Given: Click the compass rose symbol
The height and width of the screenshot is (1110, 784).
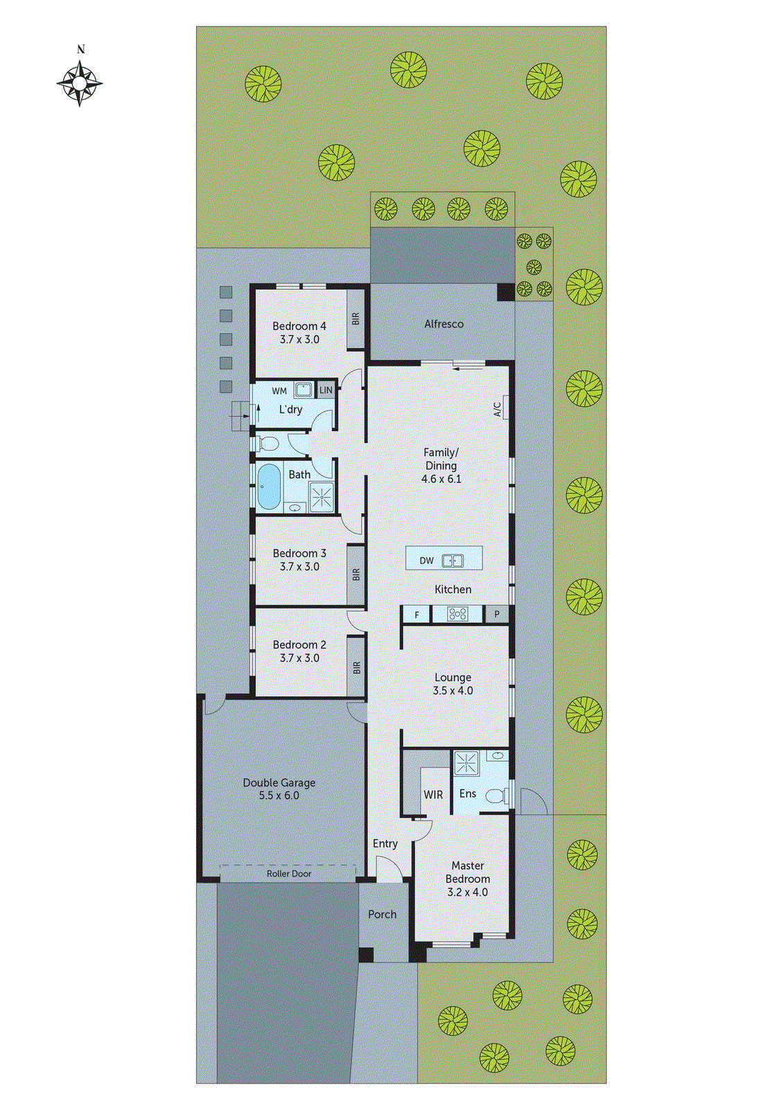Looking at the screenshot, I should click(x=80, y=83).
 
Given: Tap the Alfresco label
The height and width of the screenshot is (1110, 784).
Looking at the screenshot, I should click(x=444, y=324).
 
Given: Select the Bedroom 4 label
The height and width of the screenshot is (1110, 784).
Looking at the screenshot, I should click(x=299, y=326).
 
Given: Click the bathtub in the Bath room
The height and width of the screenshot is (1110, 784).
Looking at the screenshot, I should click(x=268, y=486).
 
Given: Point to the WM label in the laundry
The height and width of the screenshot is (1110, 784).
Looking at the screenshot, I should click(x=279, y=391).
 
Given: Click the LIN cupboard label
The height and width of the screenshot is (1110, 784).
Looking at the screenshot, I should click(x=326, y=391).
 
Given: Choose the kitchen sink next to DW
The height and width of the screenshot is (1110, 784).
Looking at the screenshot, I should click(x=453, y=560).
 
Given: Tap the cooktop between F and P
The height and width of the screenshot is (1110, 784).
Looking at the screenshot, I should click(x=457, y=614).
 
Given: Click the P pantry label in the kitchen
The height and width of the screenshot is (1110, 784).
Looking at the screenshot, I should click(x=496, y=615).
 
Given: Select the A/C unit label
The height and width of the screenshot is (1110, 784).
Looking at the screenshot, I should click(x=498, y=409).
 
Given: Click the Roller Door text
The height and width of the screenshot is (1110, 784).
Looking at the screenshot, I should click(x=288, y=874).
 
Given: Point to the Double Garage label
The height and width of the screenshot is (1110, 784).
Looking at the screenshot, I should click(x=279, y=783).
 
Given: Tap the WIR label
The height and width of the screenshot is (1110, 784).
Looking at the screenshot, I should click(x=433, y=795).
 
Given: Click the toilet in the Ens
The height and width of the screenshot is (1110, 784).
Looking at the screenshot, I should click(x=496, y=796).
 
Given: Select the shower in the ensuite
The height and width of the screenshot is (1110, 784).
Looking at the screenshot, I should click(x=466, y=764).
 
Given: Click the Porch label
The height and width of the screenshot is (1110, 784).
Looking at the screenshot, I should click(x=382, y=915).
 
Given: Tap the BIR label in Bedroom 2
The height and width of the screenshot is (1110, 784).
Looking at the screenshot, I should click(x=356, y=667).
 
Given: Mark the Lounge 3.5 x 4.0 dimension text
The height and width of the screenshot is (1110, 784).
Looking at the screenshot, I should click(x=453, y=691).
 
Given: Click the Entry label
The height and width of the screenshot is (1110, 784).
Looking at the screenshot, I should click(x=385, y=844).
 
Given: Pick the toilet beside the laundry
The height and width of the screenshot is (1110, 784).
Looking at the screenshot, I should click(x=269, y=443).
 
